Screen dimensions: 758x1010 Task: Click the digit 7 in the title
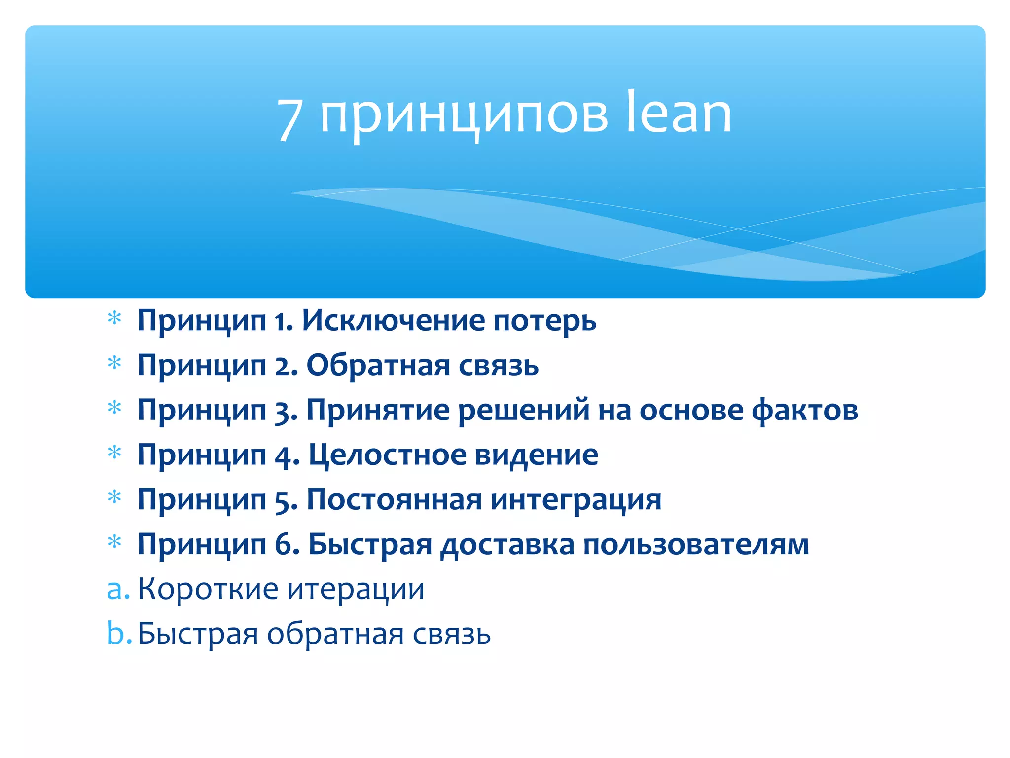(x=290, y=118)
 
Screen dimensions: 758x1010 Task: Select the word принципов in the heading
(x=464, y=116)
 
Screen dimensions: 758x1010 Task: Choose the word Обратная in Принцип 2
(x=378, y=366)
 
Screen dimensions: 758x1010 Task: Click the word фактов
(x=805, y=410)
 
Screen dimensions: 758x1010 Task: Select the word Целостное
(x=387, y=455)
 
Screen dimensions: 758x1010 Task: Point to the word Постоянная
(x=394, y=499)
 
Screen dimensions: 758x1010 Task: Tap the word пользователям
(x=696, y=545)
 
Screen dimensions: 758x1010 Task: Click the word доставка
(x=507, y=545)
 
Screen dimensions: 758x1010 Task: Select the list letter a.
(x=115, y=590)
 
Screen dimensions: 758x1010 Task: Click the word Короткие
(x=207, y=589)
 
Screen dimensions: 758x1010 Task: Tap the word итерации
(x=356, y=590)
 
